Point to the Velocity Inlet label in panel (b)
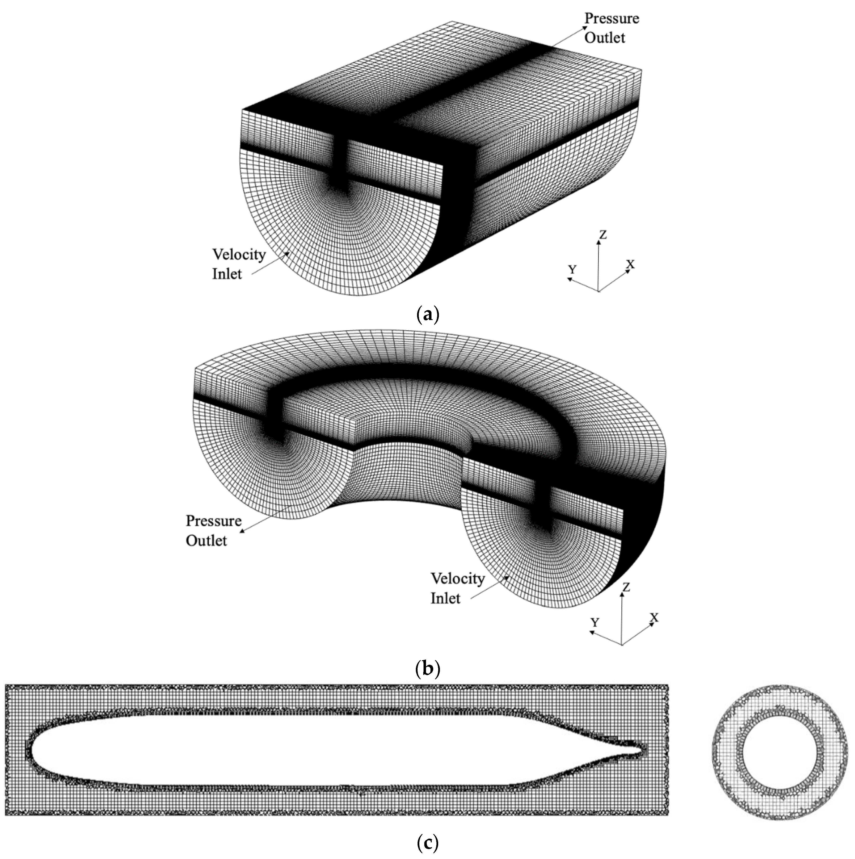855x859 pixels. [x=457, y=588]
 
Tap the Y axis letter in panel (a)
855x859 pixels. [x=572, y=269]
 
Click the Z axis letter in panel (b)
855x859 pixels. [x=626, y=587]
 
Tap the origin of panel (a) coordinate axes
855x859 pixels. [x=599, y=291]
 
